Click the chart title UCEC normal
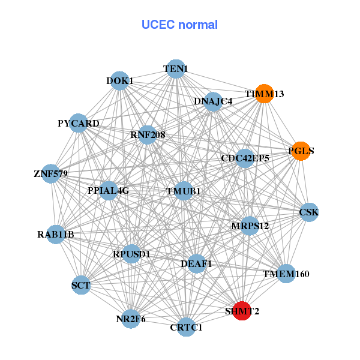(x=179, y=25)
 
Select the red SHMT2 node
(x=241, y=311)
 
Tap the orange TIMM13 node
(x=264, y=94)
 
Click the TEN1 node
(x=175, y=69)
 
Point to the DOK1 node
(x=121, y=81)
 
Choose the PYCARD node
(x=79, y=123)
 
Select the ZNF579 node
(x=51, y=174)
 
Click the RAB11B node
(x=55, y=234)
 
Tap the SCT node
(x=80, y=285)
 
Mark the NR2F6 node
(x=131, y=319)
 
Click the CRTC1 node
(x=186, y=327)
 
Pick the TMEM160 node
(x=286, y=274)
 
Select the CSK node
(x=308, y=212)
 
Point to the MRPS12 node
(x=250, y=226)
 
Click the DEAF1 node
(x=197, y=263)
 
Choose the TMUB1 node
(x=183, y=191)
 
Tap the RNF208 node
(x=148, y=135)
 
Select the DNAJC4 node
(x=213, y=101)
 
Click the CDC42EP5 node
(x=245, y=158)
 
